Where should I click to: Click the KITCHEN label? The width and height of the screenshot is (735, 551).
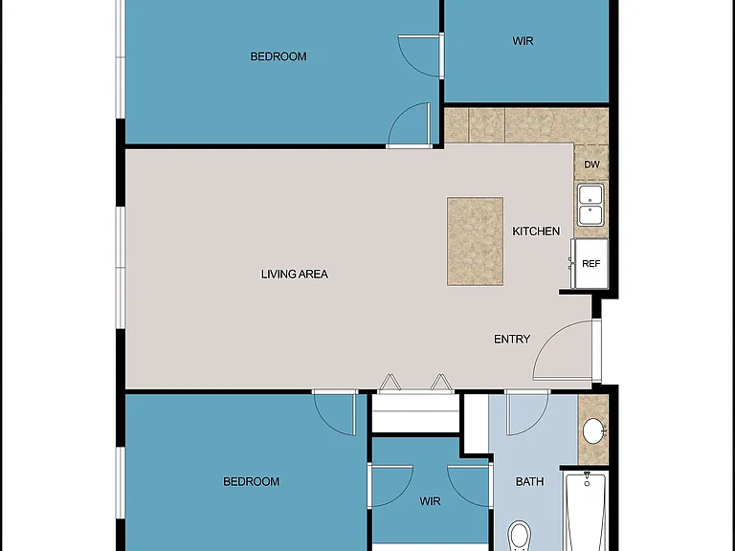(x=536, y=231)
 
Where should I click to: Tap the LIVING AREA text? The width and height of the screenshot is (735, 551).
(x=295, y=275)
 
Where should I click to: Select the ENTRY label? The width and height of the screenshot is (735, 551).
(x=512, y=339)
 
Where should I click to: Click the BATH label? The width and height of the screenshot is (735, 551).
(x=529, y=481)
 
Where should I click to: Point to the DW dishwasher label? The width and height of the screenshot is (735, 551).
(x=591, y=165)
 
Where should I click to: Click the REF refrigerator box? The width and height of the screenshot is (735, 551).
(x=590, y=263)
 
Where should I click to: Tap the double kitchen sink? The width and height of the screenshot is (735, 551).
(x=590, y=206)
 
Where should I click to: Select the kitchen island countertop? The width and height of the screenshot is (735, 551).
(x=475, y=241)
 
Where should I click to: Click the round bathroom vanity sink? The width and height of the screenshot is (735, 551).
(x=593, y=430)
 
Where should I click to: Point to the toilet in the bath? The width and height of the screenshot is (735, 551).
(x=519, y=536)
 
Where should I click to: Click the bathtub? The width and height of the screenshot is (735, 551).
(x=587, y=511)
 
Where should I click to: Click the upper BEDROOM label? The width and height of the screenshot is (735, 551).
(x=278, y=56)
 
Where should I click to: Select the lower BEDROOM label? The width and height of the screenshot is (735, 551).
(x=252, y=482)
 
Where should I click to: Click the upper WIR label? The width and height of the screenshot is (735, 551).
(x=523, y=41)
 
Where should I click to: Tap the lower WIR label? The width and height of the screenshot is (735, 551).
(x=430, y=501)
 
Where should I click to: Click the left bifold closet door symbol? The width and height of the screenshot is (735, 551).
(x=390, y=383)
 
